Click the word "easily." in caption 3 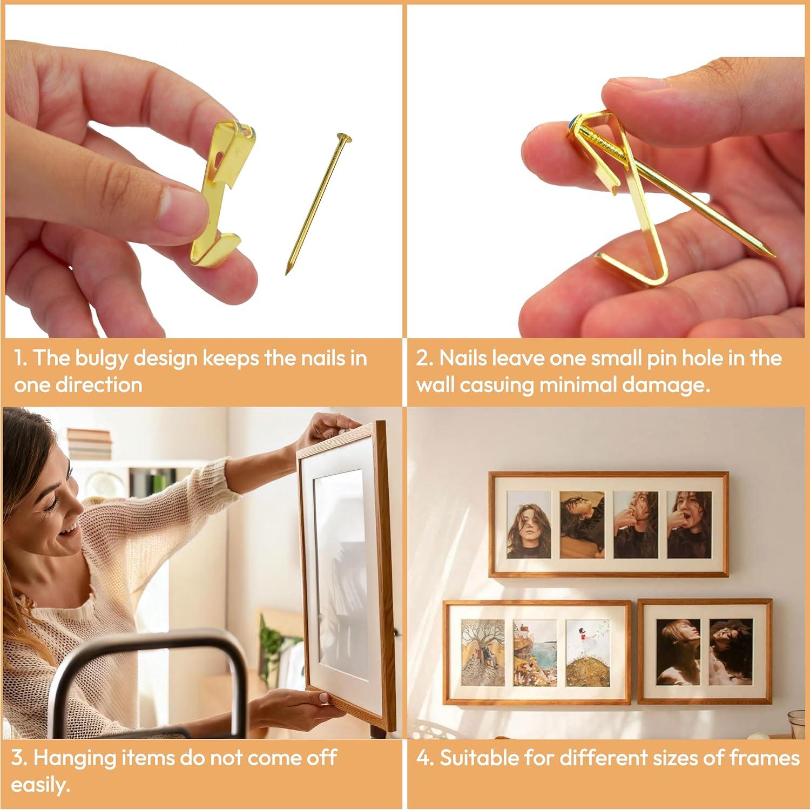41,785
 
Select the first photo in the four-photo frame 529,524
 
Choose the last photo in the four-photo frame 689,524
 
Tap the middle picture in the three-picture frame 535,652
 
